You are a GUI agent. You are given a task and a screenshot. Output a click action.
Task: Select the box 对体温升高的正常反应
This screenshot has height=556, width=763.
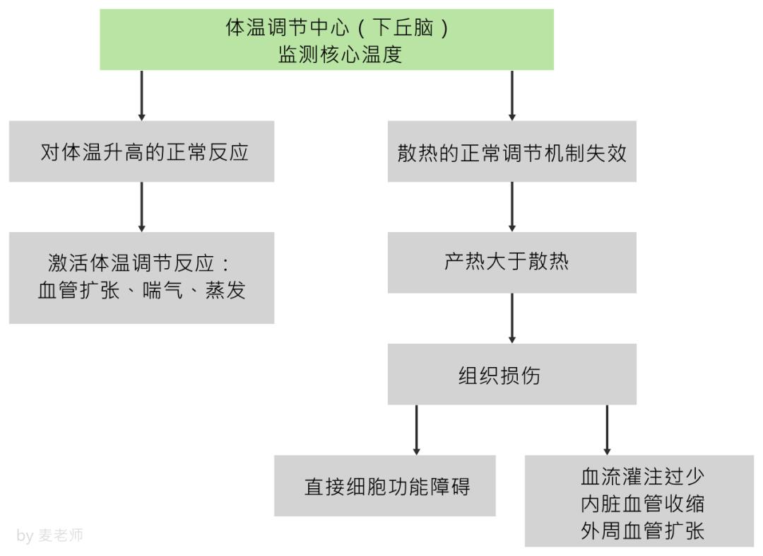[x=141, y=151]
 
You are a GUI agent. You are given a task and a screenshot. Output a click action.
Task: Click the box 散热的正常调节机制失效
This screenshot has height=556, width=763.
[x=511, y=151]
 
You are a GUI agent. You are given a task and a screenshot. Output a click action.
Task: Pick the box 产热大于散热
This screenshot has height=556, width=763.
[x=511, y=262]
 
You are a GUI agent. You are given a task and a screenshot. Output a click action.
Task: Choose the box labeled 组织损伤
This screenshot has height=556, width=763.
[x=511, y=374]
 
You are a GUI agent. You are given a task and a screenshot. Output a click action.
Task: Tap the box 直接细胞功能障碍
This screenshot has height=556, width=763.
[x=385, y=486]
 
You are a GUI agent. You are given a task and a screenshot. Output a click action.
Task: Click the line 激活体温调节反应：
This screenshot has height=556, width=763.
[x=141, y=264]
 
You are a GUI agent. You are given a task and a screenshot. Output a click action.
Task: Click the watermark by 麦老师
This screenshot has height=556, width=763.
[x=49, y=535]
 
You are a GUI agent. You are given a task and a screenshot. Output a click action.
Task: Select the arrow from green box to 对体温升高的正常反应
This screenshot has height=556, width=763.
[x=141, y=95]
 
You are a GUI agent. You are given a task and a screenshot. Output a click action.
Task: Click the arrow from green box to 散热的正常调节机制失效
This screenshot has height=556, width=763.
[x=511, y=95]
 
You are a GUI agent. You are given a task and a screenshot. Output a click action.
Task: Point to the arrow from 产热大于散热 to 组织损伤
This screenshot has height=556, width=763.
[x=511, y=318]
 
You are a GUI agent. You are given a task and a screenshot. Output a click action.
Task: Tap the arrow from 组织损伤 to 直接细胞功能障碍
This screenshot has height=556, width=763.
[x=416, y=429]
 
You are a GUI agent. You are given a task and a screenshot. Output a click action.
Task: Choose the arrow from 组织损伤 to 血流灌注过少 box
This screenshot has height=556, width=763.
[x=607, y=429]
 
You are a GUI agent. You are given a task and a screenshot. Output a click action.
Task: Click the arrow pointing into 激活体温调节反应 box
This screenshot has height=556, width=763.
[x=141, y=207]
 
